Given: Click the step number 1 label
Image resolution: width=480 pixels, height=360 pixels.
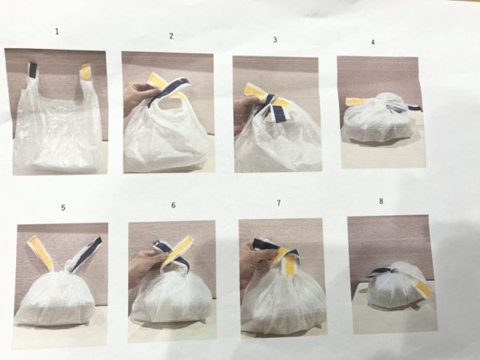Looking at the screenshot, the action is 57,31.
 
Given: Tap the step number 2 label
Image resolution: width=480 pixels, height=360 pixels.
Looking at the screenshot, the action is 171,36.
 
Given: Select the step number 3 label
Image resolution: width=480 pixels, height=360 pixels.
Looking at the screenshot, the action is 275,39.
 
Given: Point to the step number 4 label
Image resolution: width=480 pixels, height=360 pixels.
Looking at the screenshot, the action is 373,42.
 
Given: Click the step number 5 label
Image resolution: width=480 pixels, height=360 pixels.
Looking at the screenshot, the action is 63,207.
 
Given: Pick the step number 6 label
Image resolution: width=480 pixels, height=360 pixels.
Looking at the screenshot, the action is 174,205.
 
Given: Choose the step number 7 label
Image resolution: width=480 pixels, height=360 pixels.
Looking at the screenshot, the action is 278,203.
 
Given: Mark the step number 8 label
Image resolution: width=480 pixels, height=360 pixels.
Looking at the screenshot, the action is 381,201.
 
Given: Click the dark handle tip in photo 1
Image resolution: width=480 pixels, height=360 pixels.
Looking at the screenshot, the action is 33,70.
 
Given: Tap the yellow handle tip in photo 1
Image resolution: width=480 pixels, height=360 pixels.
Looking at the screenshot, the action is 86,72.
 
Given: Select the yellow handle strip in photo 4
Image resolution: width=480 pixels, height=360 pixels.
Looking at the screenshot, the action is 354,102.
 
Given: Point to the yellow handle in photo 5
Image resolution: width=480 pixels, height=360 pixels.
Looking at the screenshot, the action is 42,253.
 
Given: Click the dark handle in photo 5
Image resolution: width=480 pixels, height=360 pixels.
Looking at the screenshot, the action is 86,254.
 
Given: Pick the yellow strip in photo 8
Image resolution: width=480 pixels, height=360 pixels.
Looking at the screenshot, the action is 422,287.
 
